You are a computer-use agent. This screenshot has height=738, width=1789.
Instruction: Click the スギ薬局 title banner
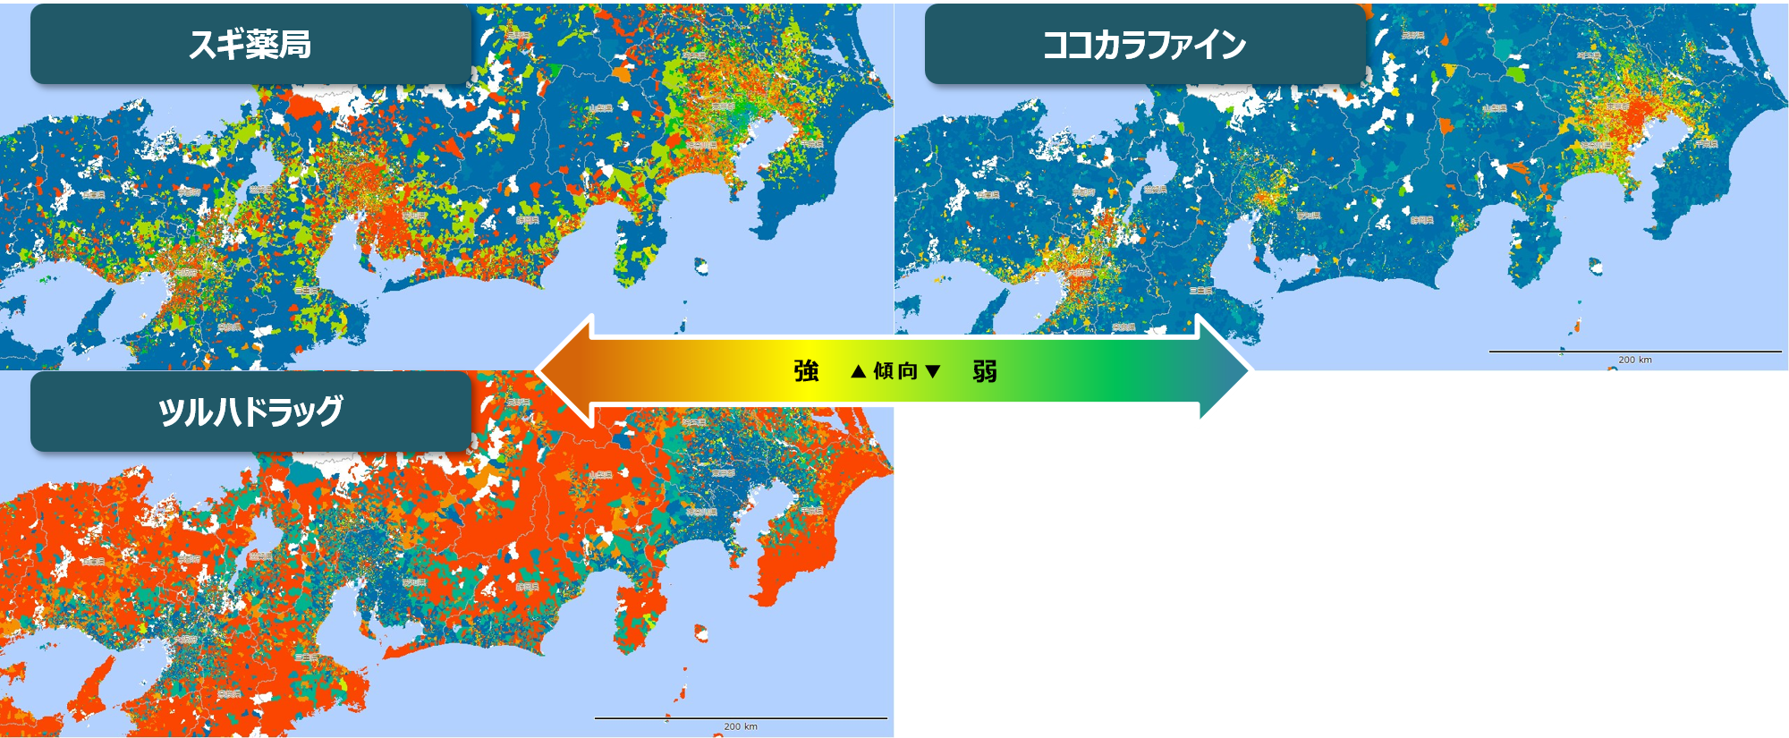click(x=250, y=44)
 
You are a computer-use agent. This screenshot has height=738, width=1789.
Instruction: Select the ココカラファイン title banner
click(x=1144, y=44)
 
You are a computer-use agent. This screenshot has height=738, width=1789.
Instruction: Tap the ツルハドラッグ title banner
click(x=250, y=411)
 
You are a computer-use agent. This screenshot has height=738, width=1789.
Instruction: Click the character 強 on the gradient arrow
click(x=806, y=370)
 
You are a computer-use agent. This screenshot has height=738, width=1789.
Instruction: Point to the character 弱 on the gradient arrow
click(x=985, y=370)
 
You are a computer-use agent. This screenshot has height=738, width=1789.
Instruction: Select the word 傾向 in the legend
click(x=895, y=370)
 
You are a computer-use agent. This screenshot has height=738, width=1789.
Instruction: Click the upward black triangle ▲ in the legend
click(x=859, y=370)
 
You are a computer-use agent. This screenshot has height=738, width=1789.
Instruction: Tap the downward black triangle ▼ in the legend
click(x=933, y=370)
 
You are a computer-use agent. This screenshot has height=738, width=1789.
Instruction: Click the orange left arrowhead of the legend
click(x=564, y=370)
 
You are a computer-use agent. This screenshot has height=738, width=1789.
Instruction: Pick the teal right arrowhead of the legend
click(x=1225, y=370)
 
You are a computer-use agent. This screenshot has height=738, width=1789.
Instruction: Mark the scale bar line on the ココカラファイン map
click(x=1635, y=352)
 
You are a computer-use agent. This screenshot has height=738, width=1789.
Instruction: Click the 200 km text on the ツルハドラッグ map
click(x=741, y=726)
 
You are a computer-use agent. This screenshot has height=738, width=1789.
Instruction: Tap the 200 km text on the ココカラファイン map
click(x=1635, y=360)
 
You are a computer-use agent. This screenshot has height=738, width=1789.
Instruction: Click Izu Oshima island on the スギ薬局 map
click(x=701, y=266)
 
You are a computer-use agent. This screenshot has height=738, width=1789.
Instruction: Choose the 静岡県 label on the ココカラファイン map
click(x=1420, y=220)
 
